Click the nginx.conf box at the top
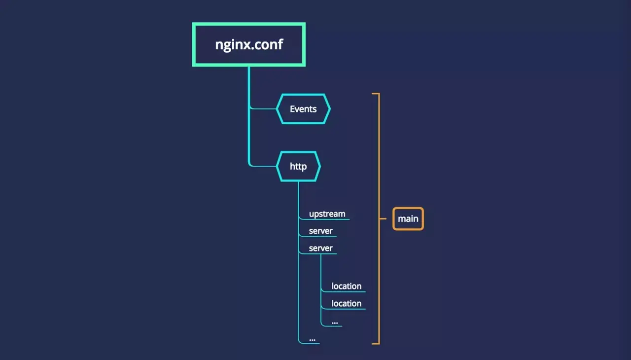tap(248, 44)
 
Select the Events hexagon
tap(303, 109)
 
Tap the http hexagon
tap(298, 167)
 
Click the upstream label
tap(327, 214)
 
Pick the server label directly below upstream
tap(320, 231)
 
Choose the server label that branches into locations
tap(320, 248)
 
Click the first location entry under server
tap(346, 286)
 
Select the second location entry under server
tap(346, 303)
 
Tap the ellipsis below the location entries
tap(335, 322)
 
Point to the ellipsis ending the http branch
tap(312, 339)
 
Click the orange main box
tap(408, 218)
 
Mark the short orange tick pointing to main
tap(383, 218)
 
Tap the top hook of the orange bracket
tap(375, 93)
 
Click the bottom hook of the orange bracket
tap(375, 343)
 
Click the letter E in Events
tap(292, 109)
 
